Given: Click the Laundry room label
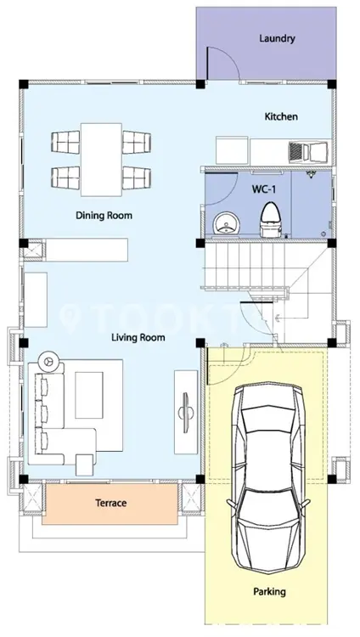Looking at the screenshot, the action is coord(277,38).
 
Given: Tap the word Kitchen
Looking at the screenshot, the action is coord(281,116).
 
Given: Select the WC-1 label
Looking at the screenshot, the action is coord(264,189).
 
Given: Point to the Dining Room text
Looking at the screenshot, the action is coord(104,216).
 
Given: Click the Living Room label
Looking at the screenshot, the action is coord(138,337).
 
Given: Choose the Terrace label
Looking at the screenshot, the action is coord(111,503).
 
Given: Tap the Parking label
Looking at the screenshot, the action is coord(269,591).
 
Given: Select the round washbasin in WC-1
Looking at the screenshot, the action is coord(227,223).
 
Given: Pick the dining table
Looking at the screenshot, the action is coord(101,160).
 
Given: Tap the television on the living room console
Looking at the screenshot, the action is coord(185,412).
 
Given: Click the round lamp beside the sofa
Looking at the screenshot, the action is coord(49,361).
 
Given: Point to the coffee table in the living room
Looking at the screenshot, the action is coord(89,395).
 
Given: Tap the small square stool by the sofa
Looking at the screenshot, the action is coord(85,465).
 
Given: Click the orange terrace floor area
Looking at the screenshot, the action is coord(110,504).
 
